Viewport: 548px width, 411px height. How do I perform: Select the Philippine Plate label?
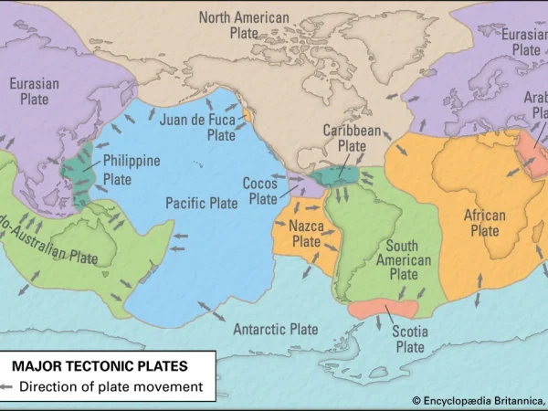[132, 170]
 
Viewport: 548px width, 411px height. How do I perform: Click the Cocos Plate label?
[261, 191]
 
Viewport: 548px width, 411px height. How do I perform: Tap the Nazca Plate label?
[305, 233]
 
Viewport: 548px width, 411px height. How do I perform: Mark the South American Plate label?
[402, 259]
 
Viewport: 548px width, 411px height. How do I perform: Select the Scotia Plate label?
[409, 339]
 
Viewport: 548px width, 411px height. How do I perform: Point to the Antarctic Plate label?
[276, 329]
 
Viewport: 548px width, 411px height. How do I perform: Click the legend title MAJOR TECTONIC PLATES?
[100, 366]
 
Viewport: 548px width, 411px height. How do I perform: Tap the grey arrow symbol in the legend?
[9, 387]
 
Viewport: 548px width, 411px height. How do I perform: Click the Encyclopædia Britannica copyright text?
[479, 399]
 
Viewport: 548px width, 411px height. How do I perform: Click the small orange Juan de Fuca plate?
[248, 115]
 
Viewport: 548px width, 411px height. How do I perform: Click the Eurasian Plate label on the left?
[35, 90]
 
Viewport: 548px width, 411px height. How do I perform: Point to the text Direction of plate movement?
[111, 386]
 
